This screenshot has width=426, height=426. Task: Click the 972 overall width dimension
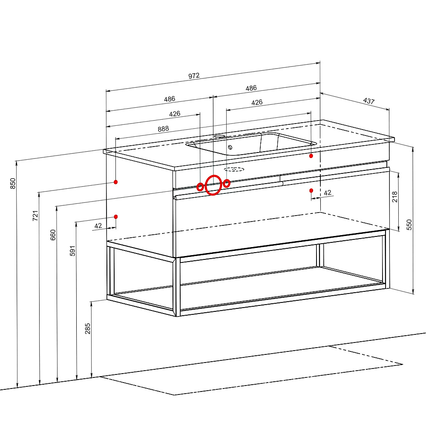[194, 75]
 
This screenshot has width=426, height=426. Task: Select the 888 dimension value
[163, 129]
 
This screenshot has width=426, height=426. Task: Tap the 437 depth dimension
[368, 101]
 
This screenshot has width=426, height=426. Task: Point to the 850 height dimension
[13, 183]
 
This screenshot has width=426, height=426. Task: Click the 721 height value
[35, 216]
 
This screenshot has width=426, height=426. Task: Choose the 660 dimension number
[53, 235]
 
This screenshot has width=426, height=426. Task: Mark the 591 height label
[72, 251]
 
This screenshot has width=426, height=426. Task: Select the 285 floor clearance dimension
[87, 328]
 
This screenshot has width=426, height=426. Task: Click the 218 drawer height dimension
[394, 196]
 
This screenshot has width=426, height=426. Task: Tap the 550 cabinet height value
[409, 225]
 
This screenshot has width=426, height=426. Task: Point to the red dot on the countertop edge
[311, 156]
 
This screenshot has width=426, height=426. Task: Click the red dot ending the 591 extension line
[116, 217]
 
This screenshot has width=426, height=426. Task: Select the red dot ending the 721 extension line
[116, 182]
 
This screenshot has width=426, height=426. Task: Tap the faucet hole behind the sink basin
[219, 135]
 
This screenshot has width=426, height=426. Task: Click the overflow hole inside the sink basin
[230, 147]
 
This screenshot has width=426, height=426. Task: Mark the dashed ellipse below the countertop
[234, 170]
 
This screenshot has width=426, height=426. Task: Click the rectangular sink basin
[251, 144]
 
